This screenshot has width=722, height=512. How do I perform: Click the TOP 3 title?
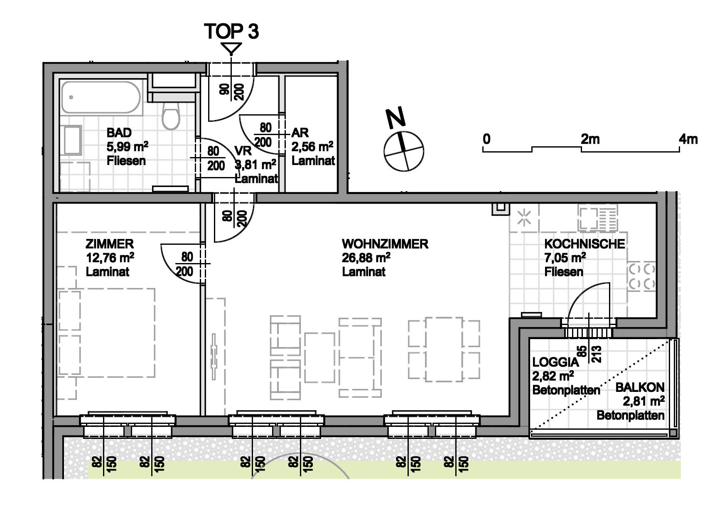pos(231,31)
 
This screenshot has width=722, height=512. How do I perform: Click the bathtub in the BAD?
pos(101,97)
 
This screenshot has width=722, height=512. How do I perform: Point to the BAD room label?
pos(119,133)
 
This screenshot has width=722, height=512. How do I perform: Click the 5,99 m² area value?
pos(127,147)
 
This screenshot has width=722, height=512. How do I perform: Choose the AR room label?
pos(300,133)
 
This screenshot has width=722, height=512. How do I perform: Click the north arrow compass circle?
pos(404,151)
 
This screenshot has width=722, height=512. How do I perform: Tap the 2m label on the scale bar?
pos(590,139)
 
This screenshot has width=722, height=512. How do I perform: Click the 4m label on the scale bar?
pos(688,139)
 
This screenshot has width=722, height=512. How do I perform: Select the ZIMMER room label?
pos(110,244)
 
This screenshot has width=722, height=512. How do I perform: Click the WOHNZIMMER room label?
pos(385,244)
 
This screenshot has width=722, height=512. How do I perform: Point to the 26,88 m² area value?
pos(366,258)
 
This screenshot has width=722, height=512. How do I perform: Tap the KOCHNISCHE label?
pos(584,244)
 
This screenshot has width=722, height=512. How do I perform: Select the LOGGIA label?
pos(555,362)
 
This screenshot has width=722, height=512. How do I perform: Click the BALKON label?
pos(640,387)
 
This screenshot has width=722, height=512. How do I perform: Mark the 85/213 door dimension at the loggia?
pos(589,354)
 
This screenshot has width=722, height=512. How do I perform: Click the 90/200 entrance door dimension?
pos(232,91)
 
